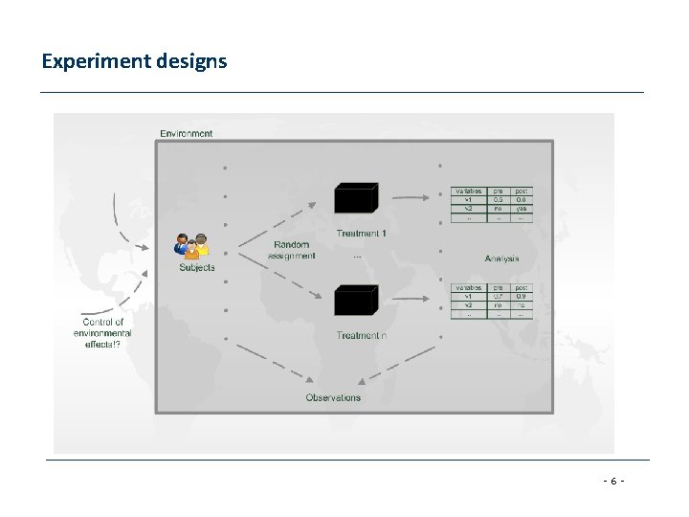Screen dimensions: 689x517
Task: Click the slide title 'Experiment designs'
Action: [134, 62]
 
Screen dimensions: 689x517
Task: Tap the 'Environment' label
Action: [187, 133]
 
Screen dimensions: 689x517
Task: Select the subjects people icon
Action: [191, 245]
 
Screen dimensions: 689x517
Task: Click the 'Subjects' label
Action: [197, 268]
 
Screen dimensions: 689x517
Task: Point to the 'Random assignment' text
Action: [292, 251]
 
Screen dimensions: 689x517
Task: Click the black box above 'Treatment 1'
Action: [353, 199]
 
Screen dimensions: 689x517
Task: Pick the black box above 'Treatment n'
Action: [353, 302]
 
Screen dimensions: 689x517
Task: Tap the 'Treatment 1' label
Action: [362, 234]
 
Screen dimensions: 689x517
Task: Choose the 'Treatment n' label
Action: [362, 335]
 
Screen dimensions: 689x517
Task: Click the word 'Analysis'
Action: [501, 258]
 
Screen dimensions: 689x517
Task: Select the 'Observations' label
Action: [333, 397]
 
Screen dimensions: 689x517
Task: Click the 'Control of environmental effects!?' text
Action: [102, 333]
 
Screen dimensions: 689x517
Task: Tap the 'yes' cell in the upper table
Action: [522, 208]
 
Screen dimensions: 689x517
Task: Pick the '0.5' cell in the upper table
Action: [498, 199]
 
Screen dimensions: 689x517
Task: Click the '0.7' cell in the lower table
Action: [498, 296]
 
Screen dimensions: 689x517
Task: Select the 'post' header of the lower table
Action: [522, 287]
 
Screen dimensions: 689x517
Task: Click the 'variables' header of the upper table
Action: [468, 191]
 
